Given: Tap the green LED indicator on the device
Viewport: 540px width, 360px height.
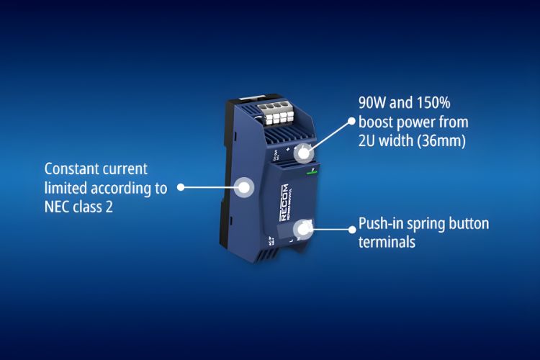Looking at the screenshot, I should click(311, 172).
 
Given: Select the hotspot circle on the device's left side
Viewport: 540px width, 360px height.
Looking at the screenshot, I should click(244, 187).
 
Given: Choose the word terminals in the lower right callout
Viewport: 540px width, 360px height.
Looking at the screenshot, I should click(387, 242).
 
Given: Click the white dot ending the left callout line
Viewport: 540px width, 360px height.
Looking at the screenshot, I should click(181, 187).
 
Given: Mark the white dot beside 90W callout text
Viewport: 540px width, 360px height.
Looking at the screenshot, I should click(352, 122).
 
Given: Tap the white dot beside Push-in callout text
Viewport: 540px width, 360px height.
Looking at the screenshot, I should click(352, 230).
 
